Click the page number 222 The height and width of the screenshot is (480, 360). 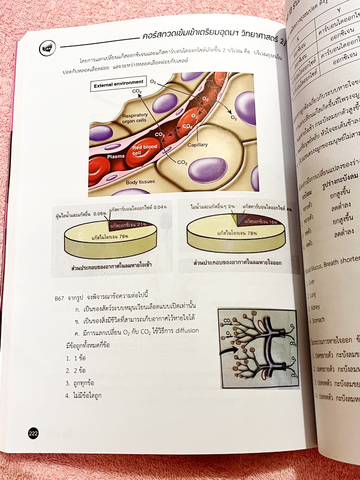tap(34, 434)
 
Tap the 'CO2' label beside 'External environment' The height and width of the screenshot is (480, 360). tap(137, 91)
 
